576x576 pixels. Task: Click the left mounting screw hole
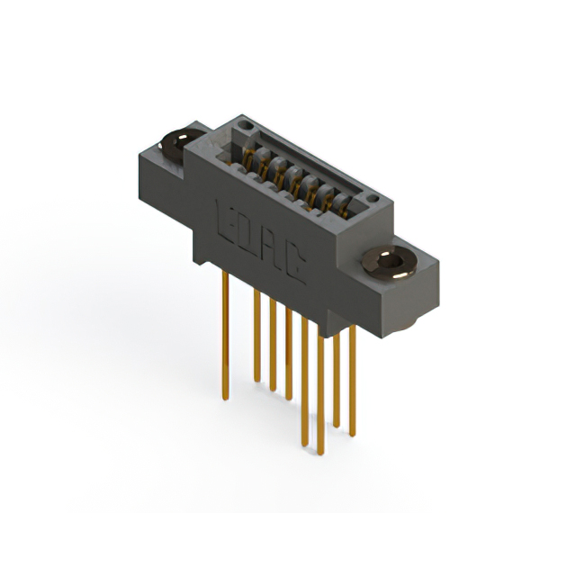click(176, 142)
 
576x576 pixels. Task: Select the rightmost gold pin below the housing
click(352, 378)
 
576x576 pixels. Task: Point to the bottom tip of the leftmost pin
click(224, 396)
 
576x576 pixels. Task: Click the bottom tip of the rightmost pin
click(352, 435)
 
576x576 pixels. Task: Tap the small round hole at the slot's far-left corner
click(240, 125)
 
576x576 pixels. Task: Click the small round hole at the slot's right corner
click(372, 198)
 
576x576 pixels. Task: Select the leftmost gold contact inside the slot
click(247, 158)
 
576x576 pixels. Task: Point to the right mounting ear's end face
click(425, 292)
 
